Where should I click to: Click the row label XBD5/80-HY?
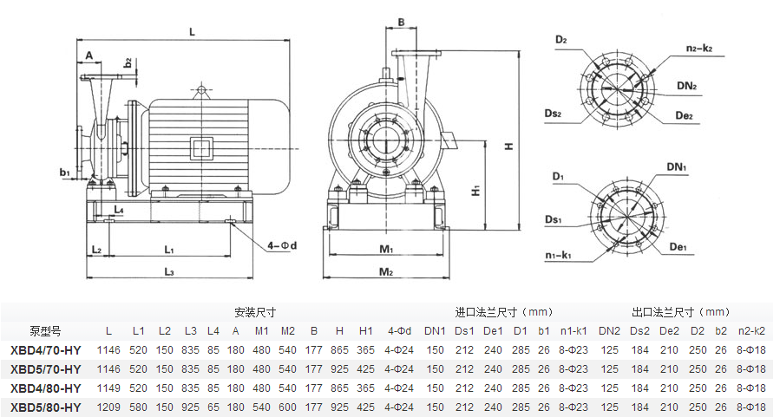[x=46, y=407]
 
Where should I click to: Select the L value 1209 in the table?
[x=108, y=407]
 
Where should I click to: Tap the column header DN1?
[x=435, y=330]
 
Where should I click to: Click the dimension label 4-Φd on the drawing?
[x=283, y=246]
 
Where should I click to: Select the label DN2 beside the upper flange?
[x=688, y=86]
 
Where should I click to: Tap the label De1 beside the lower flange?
[x=678, y=247]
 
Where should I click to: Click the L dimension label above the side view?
[x=192, y=31]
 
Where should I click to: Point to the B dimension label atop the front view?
[x=402, y=22]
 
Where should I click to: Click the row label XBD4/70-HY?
[x=46, y=350]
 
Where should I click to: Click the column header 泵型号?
[x=45, y=330]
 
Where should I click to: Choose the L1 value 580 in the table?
[x=139, y=407]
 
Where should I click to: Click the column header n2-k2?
[x=751, y=330]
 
